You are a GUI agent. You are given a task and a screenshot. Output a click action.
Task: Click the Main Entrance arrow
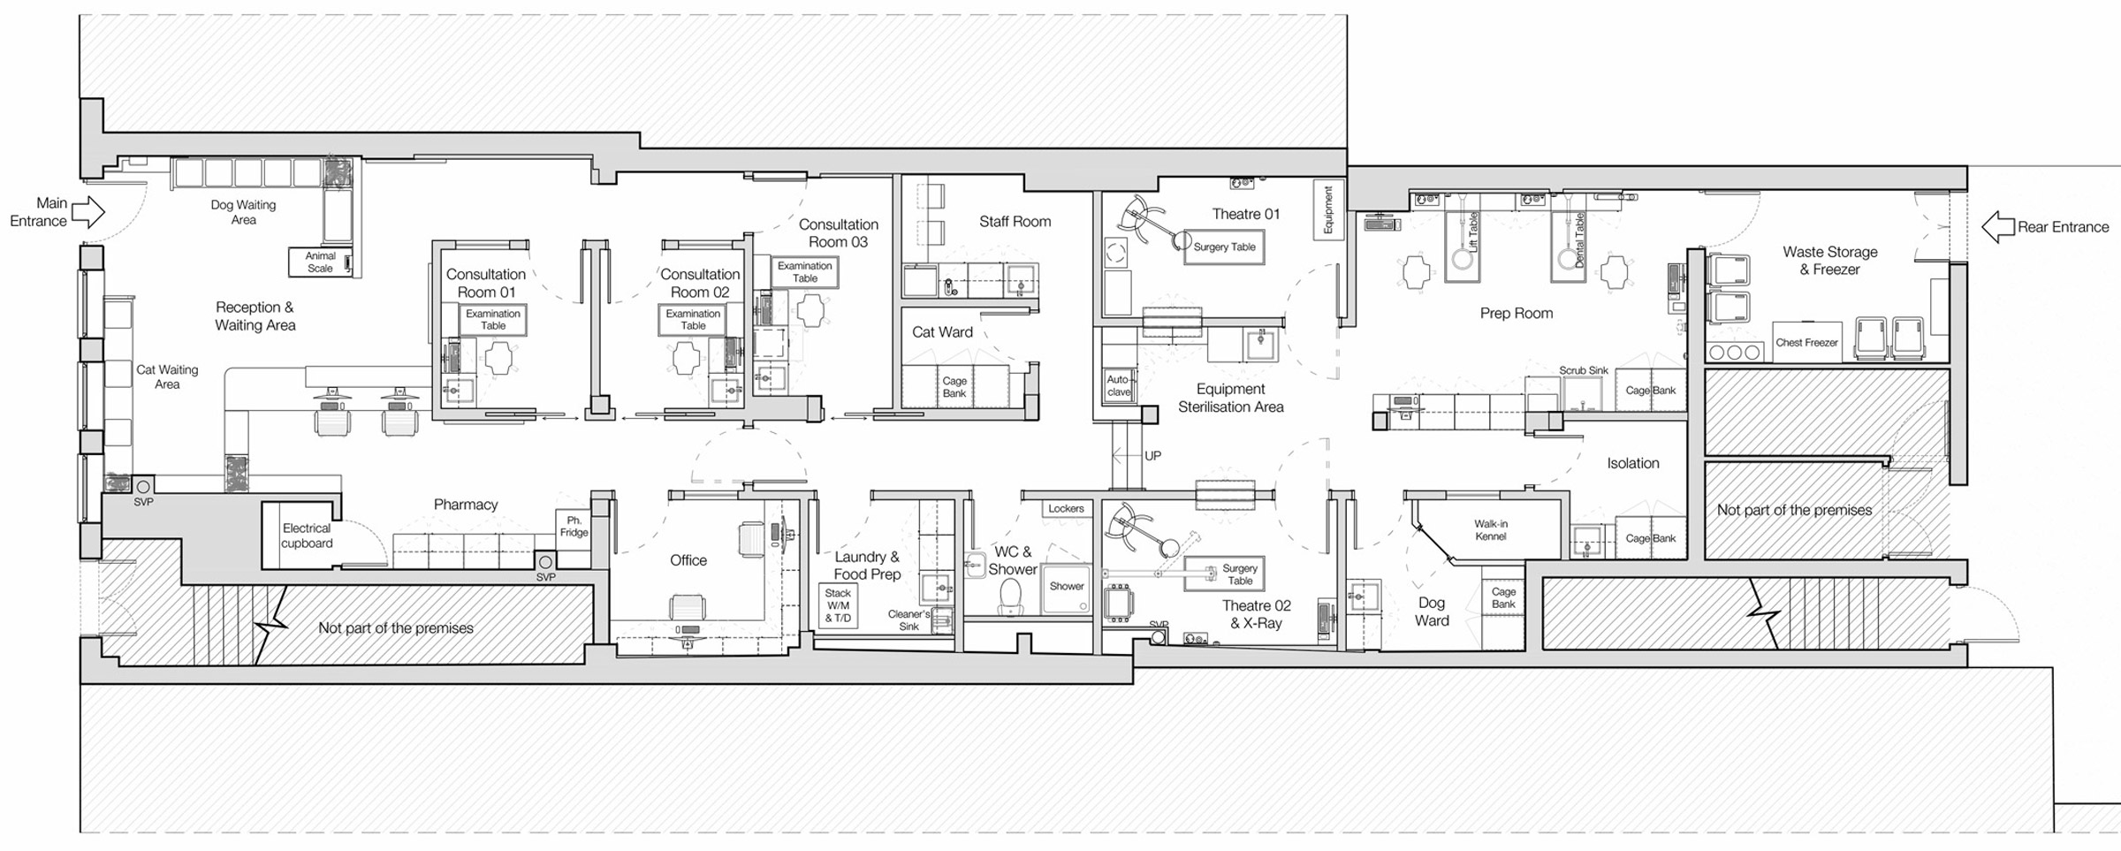87,212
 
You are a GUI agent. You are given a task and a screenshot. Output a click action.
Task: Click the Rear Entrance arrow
1996,227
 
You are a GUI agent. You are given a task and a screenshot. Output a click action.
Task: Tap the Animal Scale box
321,262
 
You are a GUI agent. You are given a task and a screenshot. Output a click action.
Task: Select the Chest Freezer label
1806,343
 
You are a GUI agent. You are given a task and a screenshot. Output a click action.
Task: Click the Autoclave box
1118,386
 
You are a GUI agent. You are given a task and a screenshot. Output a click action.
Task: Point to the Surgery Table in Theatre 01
1224,247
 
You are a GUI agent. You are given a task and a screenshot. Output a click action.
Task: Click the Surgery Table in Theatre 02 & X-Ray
1239,574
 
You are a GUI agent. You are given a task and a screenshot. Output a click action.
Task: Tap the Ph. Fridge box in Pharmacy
574,528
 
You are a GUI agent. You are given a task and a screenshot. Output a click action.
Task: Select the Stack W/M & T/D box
838,606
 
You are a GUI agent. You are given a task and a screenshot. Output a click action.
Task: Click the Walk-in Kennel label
1490,530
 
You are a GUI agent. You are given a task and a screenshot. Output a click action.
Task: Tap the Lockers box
1066,509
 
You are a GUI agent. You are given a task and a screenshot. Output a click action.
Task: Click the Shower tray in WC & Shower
1067,588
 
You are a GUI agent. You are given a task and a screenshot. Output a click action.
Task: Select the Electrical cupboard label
307,536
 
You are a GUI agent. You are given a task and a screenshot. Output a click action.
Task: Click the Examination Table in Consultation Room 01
493,320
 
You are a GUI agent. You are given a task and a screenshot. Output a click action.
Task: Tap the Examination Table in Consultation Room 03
804,272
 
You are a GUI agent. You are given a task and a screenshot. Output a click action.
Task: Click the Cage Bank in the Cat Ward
954,387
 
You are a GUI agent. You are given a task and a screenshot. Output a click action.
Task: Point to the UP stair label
1152,456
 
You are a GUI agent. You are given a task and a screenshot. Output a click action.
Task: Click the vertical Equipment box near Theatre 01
1327,210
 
